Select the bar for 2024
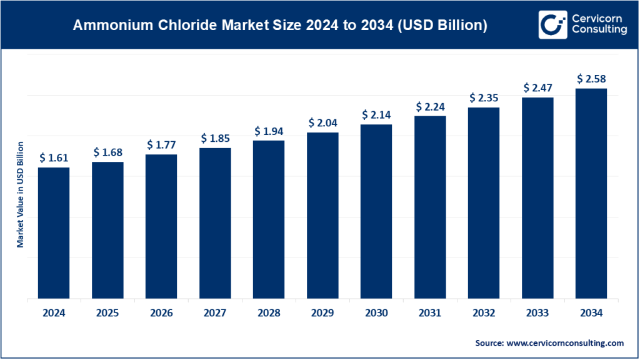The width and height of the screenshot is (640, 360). click(x=54, y=232)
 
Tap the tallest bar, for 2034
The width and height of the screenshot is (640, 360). click(x=591, y=194)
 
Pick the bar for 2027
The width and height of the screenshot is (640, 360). click(x=215, y=223)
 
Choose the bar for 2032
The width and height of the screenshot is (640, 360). click(x=484, y=203)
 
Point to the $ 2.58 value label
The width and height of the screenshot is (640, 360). click(x=591, y=79)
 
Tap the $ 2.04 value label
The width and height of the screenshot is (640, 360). click(x=322, y=122)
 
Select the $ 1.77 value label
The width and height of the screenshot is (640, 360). click(x=161, y=144)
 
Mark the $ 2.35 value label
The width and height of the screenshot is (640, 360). click(x=484, y=97)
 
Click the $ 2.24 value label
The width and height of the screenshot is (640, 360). click(x=430, y=106)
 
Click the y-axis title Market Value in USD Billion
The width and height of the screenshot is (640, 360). click(x=20, y=194)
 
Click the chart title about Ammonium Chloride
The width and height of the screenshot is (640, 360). click(x=280, y=26)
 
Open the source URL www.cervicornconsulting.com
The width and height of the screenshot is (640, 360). click(x=562, y=343)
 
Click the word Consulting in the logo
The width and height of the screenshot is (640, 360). click(x=599, y=31)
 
